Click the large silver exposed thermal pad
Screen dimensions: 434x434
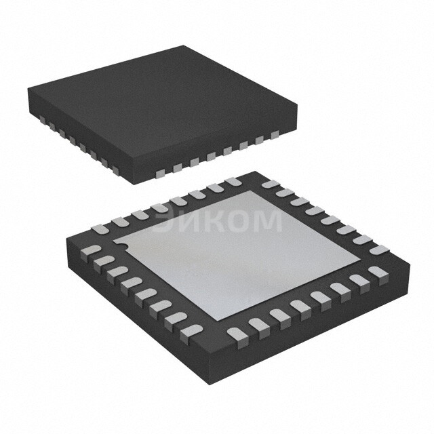[237, 251]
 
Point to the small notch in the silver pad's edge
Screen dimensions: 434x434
[117, 240]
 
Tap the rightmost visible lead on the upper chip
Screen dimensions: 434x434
[275, 135]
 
